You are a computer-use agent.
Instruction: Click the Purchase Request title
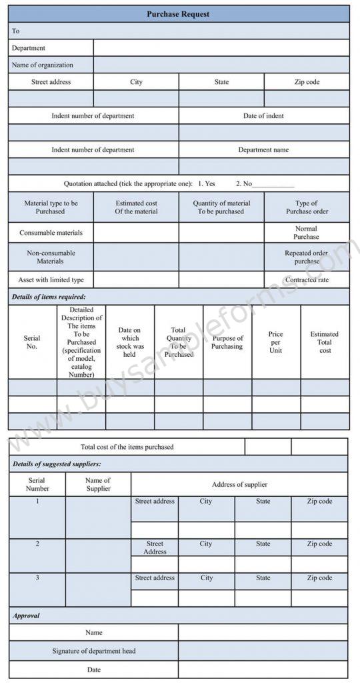(179, 13)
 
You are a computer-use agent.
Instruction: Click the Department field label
(29, 48)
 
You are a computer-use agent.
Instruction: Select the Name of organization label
(43, 65)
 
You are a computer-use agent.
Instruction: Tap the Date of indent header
(263, 116)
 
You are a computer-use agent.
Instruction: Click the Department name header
(263, 150)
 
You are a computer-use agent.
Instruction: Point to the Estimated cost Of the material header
(136, 207)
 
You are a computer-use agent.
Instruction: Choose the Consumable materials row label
(51, 233)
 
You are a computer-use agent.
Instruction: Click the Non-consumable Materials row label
(51, 257)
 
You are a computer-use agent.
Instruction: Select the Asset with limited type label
(51, 280)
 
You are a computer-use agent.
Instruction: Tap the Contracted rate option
(306, 280)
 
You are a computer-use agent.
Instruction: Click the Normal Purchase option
(306, 233)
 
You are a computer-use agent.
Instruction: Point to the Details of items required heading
(49, 297)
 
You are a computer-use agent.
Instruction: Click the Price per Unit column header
(275, 342)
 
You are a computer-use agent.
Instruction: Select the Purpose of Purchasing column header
(227, 342)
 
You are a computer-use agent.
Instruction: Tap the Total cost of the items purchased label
(127, 447)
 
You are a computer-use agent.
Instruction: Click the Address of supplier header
(239, 485)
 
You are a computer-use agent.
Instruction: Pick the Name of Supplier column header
(98, 484)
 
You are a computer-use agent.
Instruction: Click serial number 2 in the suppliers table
(37, 544)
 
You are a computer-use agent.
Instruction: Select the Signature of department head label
(94, 650)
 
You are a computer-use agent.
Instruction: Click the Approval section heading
(27, 616)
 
